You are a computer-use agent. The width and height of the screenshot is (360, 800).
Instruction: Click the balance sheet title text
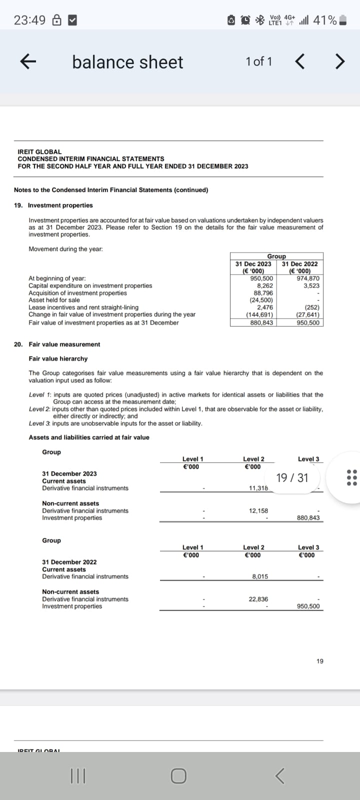127,62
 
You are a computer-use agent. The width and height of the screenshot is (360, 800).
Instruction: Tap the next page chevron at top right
339,62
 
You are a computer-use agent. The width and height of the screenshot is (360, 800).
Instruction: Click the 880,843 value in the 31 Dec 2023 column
261,322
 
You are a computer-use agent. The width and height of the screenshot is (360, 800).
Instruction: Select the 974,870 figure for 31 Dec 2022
308,278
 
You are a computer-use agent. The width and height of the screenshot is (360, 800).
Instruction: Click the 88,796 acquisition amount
263,293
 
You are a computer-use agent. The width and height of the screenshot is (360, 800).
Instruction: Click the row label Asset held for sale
54,300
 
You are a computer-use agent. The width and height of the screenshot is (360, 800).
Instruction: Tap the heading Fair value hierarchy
58,358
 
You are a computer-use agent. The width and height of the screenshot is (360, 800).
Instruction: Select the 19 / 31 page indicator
292,477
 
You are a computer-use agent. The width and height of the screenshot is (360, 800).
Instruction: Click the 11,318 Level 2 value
258,488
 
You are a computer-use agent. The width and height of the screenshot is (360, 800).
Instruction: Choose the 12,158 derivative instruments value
258,510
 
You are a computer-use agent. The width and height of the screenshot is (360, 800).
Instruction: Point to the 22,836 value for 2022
258,599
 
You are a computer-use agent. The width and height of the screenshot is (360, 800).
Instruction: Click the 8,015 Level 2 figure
260,576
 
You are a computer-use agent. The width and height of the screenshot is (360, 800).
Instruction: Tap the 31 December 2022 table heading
69,562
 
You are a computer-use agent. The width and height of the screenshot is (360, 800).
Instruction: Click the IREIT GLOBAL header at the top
39,151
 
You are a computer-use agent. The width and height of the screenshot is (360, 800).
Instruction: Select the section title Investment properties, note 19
60,205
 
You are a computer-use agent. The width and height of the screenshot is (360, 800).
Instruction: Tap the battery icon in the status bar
342,20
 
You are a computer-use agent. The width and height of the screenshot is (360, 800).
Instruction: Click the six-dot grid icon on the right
352,477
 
